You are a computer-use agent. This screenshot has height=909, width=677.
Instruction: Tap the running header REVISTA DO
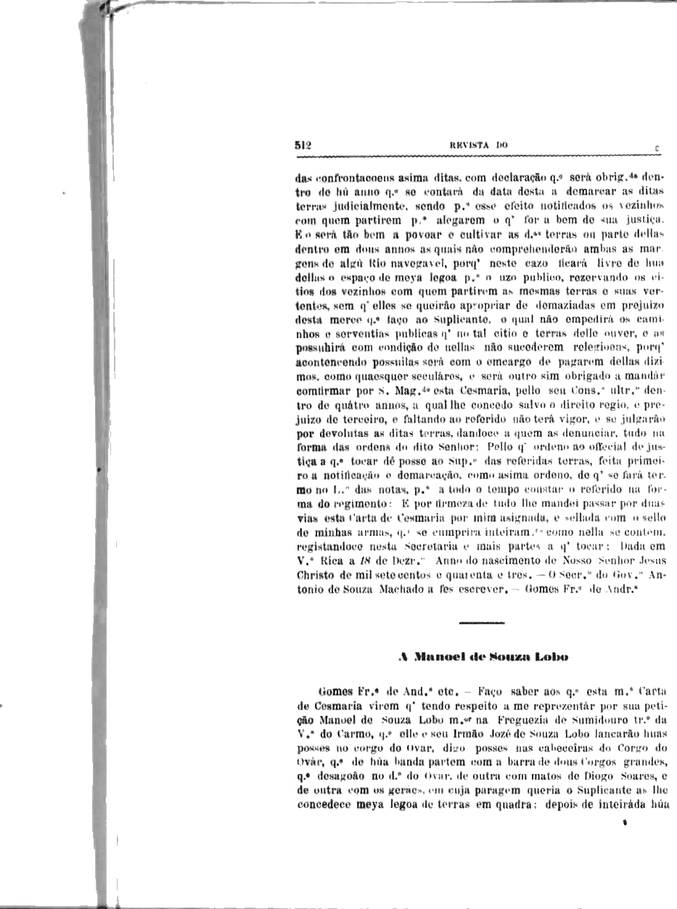478,145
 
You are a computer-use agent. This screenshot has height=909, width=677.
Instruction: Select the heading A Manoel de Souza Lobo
483,657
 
